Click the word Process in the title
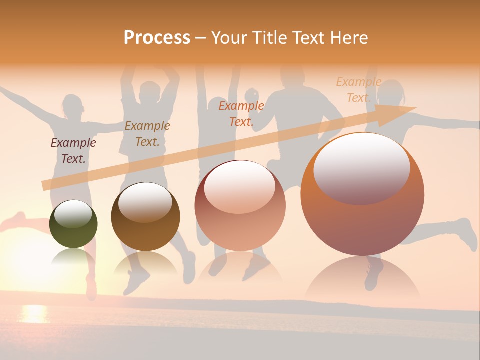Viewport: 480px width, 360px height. tap(157, 38)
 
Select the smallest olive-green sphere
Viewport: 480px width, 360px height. tap(73, 224)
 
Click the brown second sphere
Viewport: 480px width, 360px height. tap(145, 217)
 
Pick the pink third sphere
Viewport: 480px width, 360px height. tap(240, 206)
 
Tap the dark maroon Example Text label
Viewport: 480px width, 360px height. tap(73, 150)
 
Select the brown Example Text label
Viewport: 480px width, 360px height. tap(147, 133)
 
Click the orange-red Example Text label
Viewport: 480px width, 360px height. tap(241, 113)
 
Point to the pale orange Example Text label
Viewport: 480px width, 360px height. tap(358, 89)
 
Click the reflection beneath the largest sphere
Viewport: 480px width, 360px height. tap(362, 280)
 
